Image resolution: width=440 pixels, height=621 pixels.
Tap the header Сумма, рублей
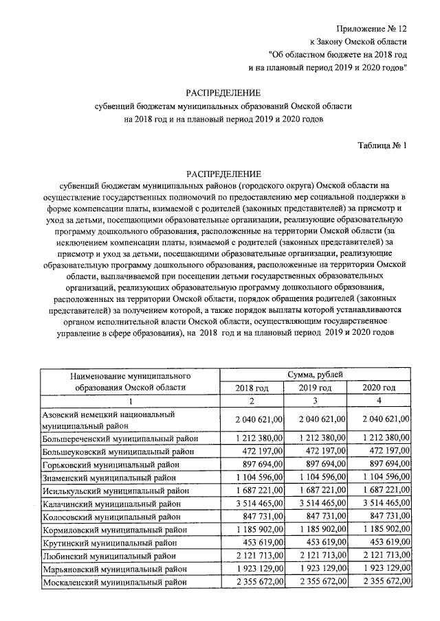[x=316, y=374]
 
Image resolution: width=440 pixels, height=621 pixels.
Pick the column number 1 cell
[x=129, y=401]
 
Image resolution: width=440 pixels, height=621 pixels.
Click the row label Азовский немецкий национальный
[x=109, y=415]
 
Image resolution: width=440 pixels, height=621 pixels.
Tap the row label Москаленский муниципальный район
[x=115, y=582]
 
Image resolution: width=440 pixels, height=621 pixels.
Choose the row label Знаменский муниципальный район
[x=110, y=477]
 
